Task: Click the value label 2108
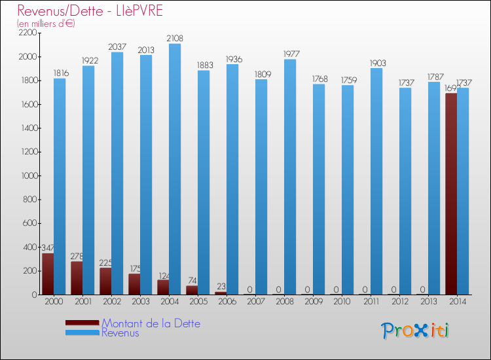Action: [175, 39]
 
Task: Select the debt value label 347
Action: [48, 248]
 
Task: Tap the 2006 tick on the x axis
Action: [227, 302]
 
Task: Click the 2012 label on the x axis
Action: [399, 302]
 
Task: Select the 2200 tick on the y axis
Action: [27, 33]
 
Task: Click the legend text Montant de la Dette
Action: [151, 323]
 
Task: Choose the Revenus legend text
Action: [120, 333]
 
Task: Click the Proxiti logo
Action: [415, 331]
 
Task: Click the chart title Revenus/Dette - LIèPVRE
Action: [90, 11]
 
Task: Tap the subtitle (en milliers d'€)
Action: [46, 24]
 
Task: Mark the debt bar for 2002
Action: [105, 281]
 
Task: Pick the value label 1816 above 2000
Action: [60, 73]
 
